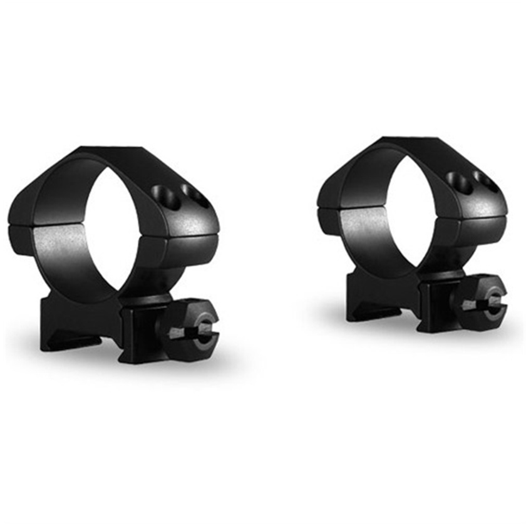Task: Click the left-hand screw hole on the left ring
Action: point(161,192)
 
